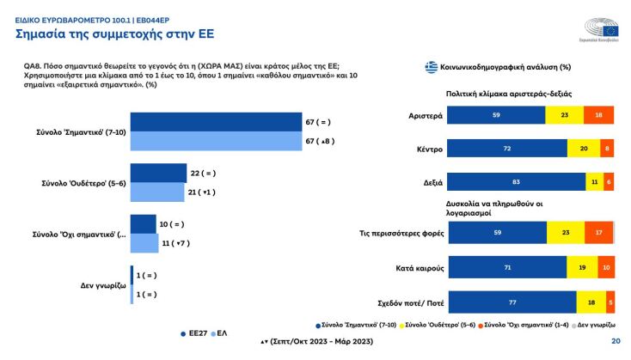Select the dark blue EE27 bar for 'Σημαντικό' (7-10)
click(216, 122)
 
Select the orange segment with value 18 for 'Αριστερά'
click(598, 114)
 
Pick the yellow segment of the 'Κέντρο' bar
click(583, 149)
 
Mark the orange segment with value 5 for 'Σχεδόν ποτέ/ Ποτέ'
click(610, 302)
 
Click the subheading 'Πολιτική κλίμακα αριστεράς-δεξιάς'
click(509, 93)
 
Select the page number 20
click(615, 341)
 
